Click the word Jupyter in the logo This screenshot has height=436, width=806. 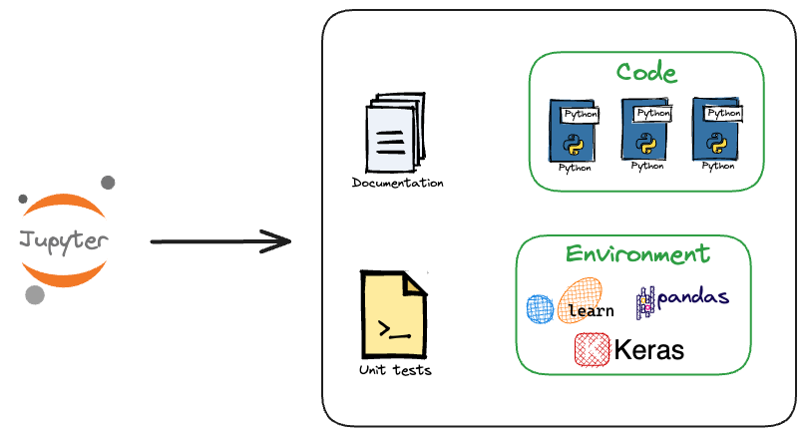click(x=63, y=240)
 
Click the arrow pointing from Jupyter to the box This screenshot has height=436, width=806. click(x=219, y=241)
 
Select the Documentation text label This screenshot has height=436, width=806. click(x=398, y=183)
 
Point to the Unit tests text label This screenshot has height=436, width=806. click(x=395, y=370)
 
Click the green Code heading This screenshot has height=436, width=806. click(x=646, y=73)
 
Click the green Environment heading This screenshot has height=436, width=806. click(x=638, y=253)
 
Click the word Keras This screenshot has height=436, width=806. click(x=649, y=350)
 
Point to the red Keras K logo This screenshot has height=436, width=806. click(x=592, y=349)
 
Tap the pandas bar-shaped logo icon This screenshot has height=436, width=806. click(x=645, y=299)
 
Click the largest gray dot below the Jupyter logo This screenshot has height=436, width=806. click(x=35, y=294)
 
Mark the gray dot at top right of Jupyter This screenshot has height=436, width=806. click(x=108, y=183)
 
